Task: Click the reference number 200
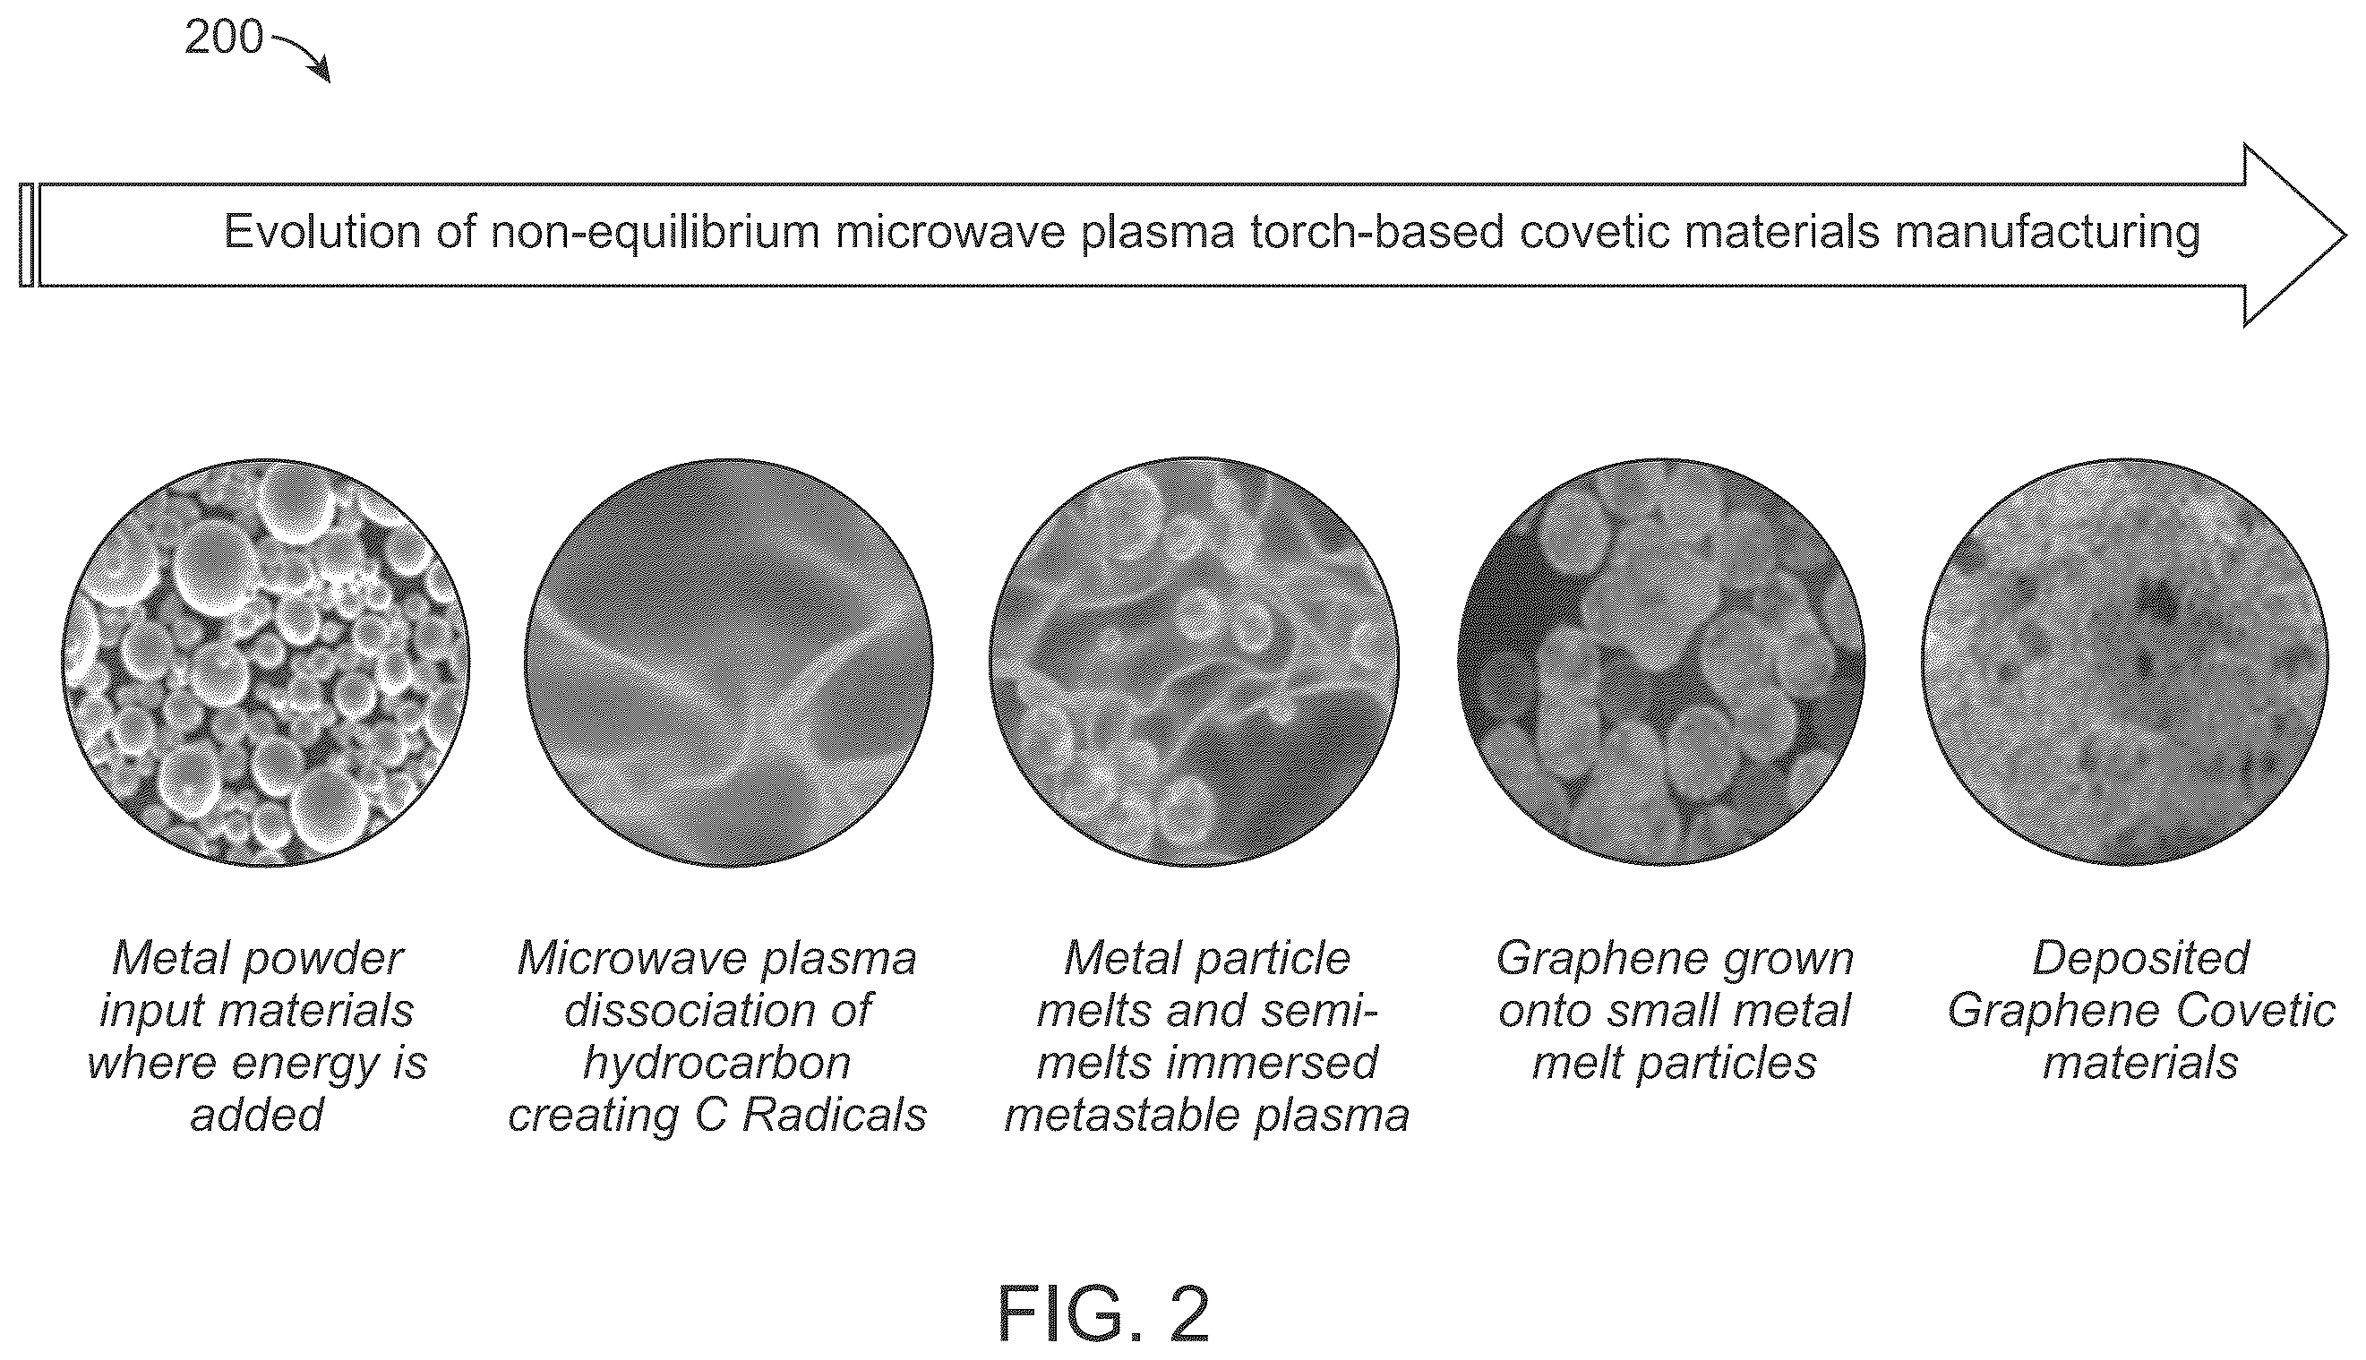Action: coord(224,38)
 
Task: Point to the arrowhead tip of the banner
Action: coord(2346,235)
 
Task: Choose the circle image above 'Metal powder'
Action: coord(266,663)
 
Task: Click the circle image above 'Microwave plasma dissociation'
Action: coord(729,663)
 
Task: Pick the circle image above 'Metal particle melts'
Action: coord(1194,663)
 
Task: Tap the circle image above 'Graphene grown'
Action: coord(1661,663)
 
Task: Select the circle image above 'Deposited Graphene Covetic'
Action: coord(2125,663)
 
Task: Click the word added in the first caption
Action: coord(257,1115)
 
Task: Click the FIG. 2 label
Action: coord(1104,1314)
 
